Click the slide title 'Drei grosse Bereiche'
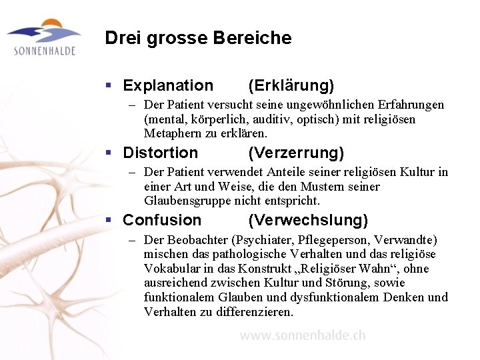click(x=198, y=38)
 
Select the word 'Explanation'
click(x=168, y=85)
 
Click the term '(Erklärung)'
click(x=291, y=85)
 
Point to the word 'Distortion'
click(x=161, y=153)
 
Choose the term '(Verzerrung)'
click(x=296, y=153)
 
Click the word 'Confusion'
click(x=162, y=220)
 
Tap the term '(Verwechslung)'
click(x=308, y=220)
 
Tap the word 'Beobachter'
click(x=196, y=239)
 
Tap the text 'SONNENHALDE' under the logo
click(x=44, y=51)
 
